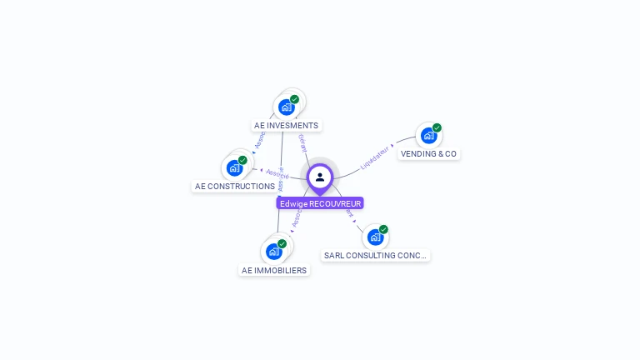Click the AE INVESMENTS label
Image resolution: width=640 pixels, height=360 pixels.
(286, 126)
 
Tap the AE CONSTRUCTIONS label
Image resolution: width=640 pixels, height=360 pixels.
(234, 187)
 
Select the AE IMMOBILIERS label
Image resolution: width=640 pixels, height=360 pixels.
(274, 270)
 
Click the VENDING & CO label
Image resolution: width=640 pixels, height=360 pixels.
(428, 154)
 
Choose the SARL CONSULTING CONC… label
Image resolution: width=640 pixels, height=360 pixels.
(375, 256)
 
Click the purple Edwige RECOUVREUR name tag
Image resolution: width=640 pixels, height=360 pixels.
(320, 203)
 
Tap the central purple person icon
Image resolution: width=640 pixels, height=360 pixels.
(320, 177)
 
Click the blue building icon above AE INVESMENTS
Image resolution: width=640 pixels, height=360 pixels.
(287, 107)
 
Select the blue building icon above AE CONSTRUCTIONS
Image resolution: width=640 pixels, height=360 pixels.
(235, 167)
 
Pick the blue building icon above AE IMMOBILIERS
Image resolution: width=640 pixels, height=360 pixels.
(274, 251)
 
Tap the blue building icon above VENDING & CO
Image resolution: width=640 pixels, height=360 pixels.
(428, 135)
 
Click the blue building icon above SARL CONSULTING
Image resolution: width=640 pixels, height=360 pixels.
(375, 237)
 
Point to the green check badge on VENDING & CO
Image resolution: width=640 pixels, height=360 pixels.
(437, 127)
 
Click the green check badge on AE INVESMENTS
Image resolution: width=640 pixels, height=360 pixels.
(294, 99)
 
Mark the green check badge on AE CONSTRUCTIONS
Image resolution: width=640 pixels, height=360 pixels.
(242, 160)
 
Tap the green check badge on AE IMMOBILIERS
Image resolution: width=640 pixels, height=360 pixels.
(282, 243)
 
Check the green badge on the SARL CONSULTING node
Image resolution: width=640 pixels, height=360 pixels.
(383, 229)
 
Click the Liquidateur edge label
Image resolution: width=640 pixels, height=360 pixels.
(375, 156)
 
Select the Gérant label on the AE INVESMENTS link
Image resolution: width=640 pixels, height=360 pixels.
(302, 142)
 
